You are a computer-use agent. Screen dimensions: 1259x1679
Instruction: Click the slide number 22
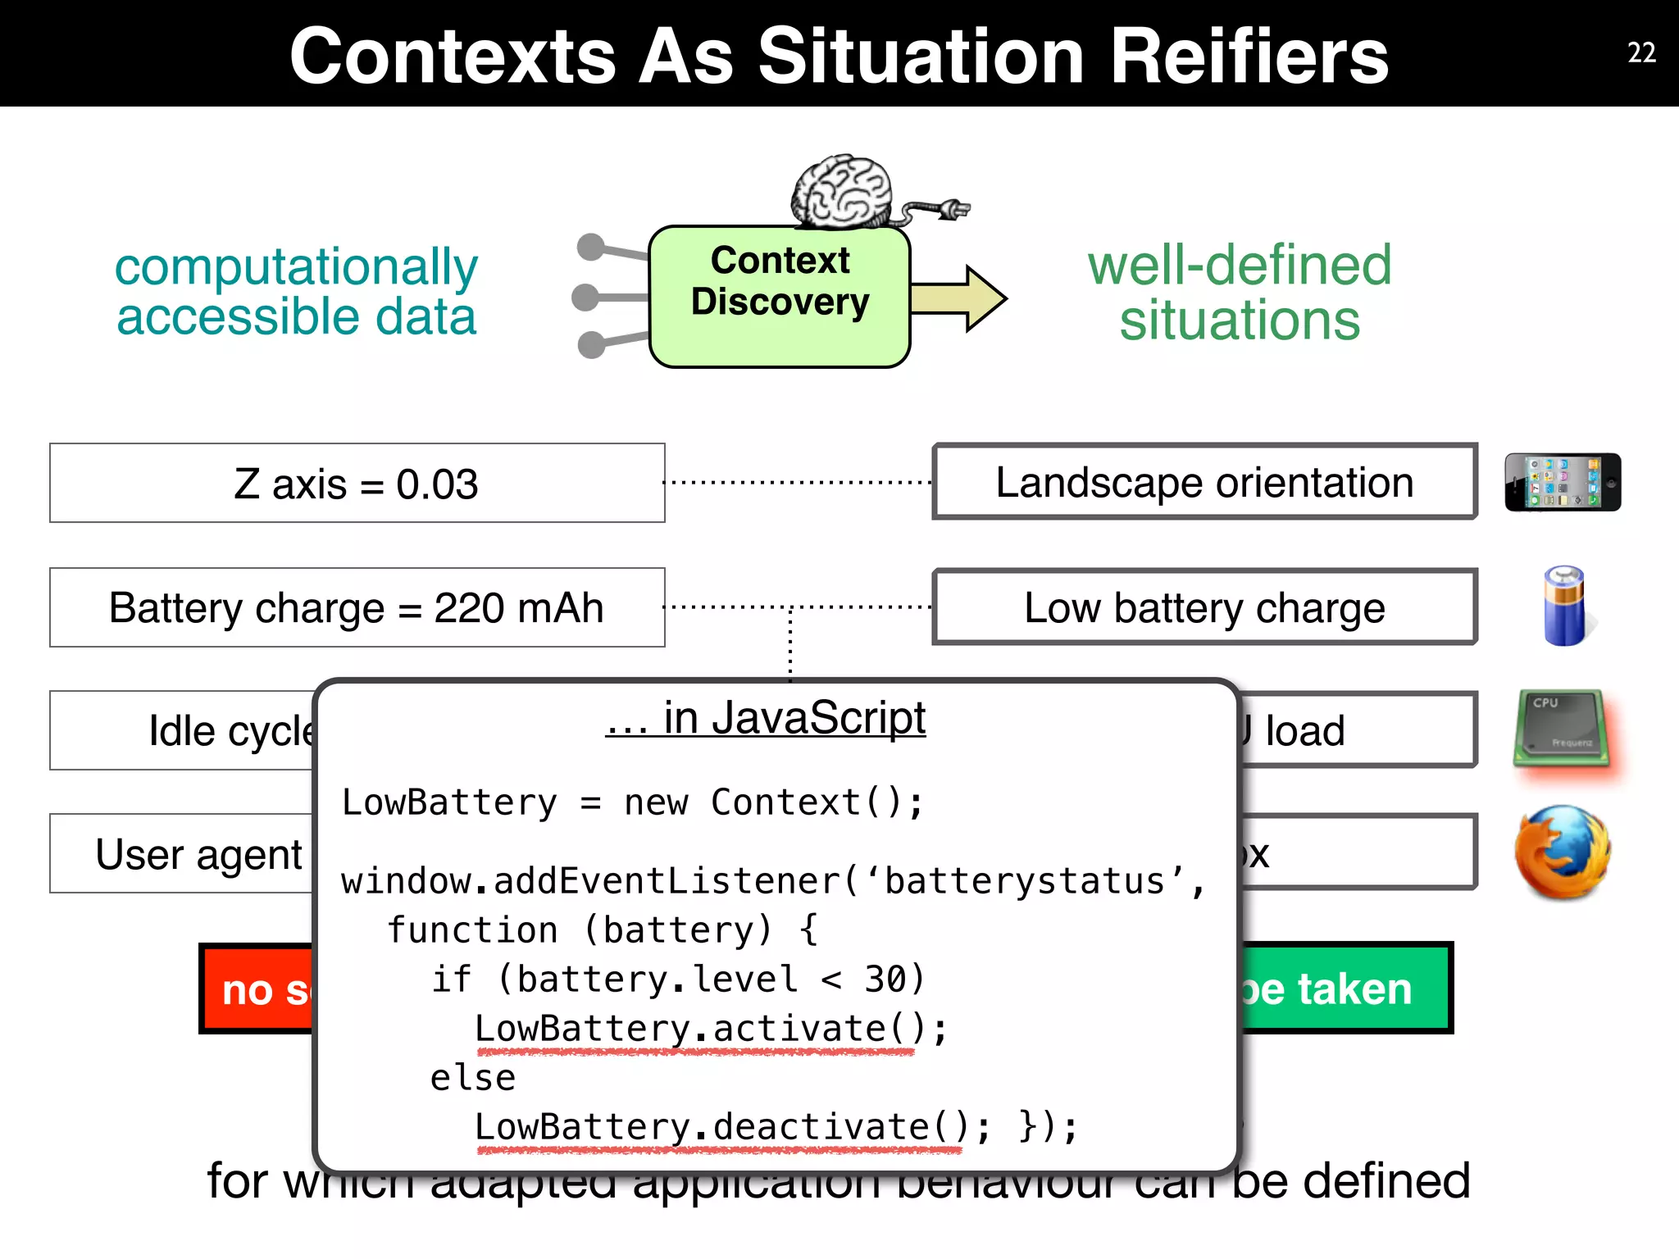(1640, 53)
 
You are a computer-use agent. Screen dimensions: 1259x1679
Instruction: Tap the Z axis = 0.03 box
(357, 484)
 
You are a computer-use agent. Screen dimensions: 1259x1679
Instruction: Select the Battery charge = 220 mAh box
(357, 607)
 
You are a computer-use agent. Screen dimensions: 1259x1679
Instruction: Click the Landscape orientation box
(1204, 483)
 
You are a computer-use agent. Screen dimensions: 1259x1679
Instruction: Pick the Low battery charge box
(1204, 607)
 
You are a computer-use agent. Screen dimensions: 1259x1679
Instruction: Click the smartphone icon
(1562, 482)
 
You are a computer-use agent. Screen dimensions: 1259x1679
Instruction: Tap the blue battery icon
(1564, 607)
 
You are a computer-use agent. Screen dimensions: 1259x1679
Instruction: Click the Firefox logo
(1563, 852)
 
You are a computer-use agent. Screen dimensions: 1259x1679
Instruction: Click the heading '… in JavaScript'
(766, 718)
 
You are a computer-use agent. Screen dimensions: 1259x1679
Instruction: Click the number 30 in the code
(885, 979)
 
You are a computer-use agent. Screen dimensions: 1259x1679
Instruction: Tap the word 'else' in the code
(473, 1078)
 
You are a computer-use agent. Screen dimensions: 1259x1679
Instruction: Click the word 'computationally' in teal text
(296, 266)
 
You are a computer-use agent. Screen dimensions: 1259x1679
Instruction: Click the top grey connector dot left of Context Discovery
(590, 247)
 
